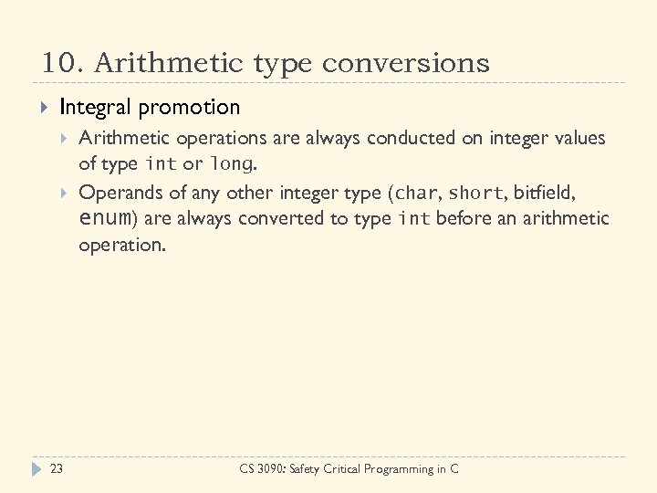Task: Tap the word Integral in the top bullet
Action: [x=96, y=108]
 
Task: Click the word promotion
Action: [x=190, y=108]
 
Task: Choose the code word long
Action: [x=230, y=165]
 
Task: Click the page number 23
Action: [x=56, y=469]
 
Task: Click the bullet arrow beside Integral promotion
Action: [x=44, y=109]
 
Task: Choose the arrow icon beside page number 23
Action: [x=36, y=469]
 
